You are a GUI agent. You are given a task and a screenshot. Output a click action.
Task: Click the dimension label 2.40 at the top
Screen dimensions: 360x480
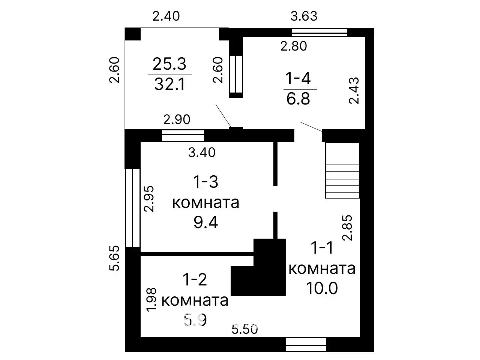coord(166,16)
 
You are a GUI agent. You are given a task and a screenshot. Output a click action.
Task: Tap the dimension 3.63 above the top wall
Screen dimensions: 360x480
coord(304,16)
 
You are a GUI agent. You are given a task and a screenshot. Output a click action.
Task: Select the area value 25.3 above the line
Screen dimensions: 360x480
coord(169,64)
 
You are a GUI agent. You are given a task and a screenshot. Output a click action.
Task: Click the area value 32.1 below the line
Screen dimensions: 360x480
coord(170,85)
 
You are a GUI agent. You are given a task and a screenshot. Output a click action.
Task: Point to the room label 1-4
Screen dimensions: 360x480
coord(298,79)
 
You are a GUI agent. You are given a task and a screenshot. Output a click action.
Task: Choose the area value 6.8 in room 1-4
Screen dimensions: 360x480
coord(298,99)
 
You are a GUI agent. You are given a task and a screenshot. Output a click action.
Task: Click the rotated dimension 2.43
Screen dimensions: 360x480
coord(354,90)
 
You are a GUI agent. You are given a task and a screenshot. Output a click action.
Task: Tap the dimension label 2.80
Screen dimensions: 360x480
coord(294,46)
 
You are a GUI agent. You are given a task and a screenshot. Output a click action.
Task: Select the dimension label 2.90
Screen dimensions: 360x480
coord(177,120)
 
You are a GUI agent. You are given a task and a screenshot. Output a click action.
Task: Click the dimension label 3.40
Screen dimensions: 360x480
coord(202,152)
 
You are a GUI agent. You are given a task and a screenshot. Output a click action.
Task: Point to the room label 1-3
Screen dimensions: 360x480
coord(205,182)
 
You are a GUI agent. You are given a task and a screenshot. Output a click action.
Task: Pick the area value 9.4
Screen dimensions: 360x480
coord(205,223)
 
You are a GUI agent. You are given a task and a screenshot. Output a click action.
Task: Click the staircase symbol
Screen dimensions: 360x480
coord(342,170)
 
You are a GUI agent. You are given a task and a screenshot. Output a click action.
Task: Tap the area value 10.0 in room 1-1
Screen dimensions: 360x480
coord(322,288)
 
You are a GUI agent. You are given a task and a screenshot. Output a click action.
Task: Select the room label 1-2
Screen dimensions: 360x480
coord(195,279)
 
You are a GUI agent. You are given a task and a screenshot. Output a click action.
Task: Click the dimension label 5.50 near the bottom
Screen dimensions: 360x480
coord(245,330)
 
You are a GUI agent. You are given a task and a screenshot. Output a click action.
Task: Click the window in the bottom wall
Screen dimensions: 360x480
coord(306,344)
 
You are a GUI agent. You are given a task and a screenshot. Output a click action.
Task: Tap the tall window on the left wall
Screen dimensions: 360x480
coord(133,208)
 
